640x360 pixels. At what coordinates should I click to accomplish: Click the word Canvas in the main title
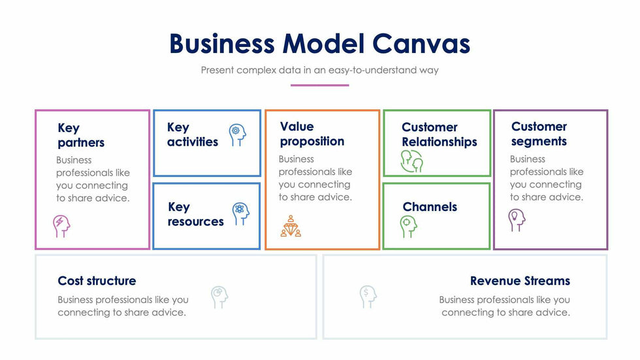421,44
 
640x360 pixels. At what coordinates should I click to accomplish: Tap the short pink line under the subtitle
319,85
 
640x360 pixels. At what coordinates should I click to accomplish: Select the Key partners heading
80,135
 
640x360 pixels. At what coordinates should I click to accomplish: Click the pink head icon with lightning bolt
61,225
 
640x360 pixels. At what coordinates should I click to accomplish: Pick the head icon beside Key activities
238,135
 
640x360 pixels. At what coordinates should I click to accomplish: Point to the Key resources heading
195,214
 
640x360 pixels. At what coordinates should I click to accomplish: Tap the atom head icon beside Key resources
240,213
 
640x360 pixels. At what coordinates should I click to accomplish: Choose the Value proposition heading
312,133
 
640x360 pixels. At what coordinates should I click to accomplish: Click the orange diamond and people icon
291,225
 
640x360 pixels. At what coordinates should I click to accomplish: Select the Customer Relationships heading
439,134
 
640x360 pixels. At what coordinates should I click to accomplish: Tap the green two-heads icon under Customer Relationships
411,161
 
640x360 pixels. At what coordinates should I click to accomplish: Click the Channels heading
430,206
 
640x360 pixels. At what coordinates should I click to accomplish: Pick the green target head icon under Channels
408,226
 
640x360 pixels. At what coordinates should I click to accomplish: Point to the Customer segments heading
539,133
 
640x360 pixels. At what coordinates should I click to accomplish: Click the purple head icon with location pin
517,220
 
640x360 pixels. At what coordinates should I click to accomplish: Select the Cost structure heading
97,281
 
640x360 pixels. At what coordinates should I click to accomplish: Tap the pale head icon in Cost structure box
219,297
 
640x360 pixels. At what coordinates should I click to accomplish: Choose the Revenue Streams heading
520,281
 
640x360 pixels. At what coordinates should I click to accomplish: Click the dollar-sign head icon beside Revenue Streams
368,296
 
